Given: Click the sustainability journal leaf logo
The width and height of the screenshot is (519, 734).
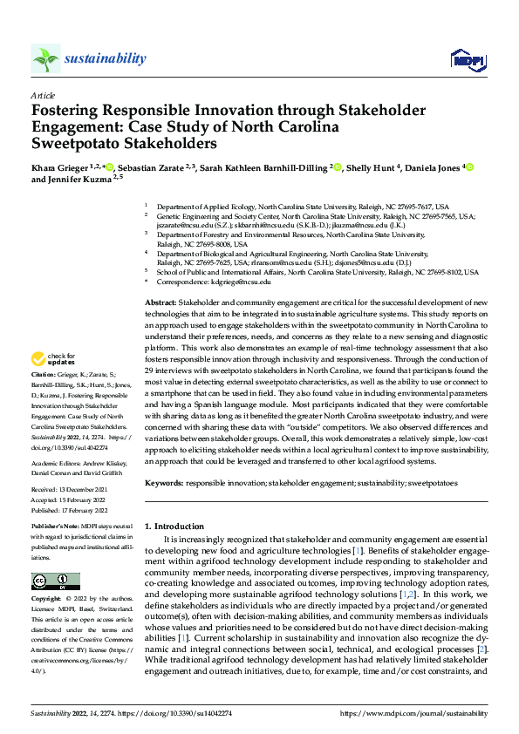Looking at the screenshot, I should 46,58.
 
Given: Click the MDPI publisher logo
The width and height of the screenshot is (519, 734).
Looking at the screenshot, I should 467,59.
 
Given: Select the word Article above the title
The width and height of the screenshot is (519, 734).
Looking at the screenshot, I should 43,95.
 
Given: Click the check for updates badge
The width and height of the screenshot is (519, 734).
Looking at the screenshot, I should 55,358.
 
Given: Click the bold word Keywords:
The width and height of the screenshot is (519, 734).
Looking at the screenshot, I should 163,482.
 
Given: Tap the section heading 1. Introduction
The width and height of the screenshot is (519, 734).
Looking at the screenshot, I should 174,527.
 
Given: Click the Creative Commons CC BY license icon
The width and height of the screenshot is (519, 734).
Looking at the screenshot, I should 55,581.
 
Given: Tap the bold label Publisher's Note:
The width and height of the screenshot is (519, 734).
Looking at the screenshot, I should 56,528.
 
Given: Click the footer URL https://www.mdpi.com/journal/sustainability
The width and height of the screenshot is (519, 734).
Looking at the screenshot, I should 413,713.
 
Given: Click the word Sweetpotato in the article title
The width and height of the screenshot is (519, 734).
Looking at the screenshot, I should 77,143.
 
